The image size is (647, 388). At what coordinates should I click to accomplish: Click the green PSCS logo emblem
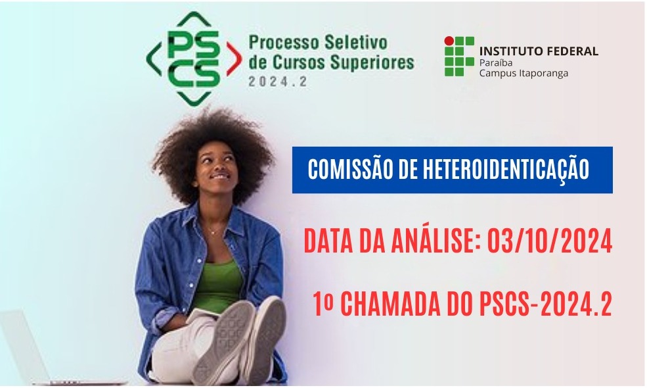[x=194, y=59]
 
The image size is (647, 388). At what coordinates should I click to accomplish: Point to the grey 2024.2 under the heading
[x=278, y=82]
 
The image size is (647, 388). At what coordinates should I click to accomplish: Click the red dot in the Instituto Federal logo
[x=449, y=41]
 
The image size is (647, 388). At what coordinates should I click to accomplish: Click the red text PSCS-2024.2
[x=546, y=304]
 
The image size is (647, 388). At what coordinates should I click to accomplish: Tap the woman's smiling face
[x=216, y=168]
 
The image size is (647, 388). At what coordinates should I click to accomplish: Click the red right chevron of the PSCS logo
[x=234, y=59]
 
